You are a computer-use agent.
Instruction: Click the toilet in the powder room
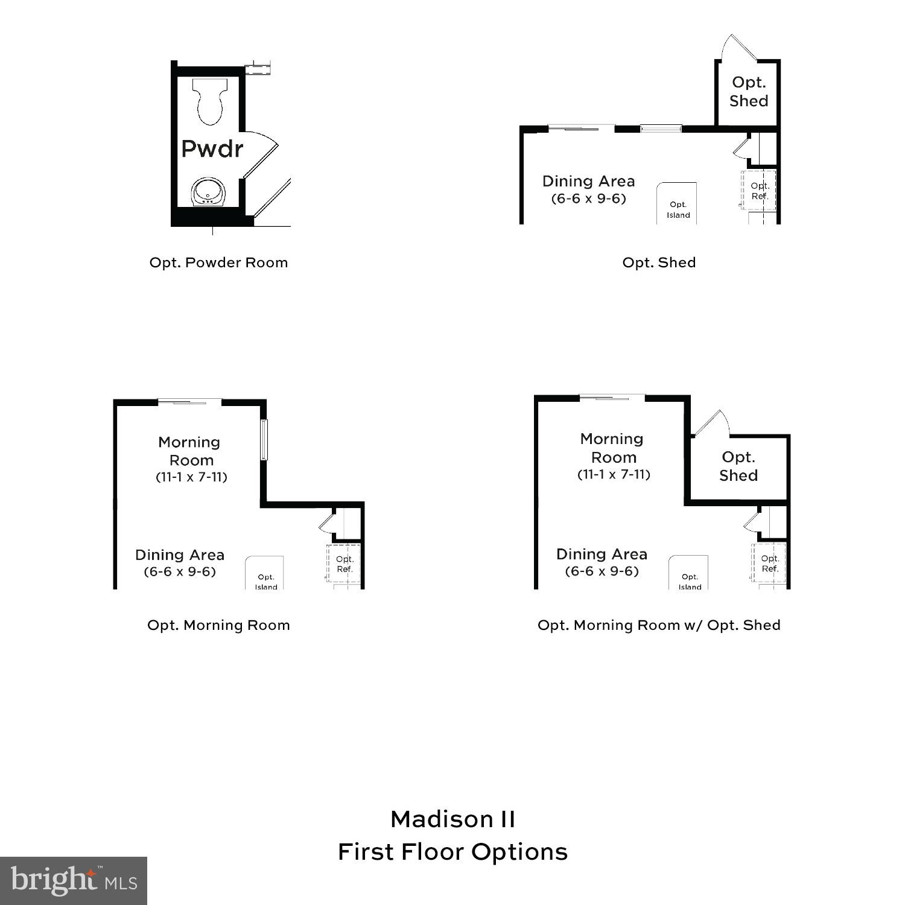(x=210, y=101)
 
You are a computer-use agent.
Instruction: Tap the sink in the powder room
(x=208, y=192)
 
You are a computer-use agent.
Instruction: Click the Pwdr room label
(x=212, y=148)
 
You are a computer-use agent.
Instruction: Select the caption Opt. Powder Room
(x=218, y=262)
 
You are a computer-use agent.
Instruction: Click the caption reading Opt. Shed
(x=659, y=262)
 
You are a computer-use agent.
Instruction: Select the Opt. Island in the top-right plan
(x=678, y=205)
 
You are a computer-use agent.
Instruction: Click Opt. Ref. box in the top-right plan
(x=759, y=191)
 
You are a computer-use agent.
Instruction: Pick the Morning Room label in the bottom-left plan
(x=189, y=451)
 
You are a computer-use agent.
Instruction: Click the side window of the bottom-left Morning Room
(x=264, y=439)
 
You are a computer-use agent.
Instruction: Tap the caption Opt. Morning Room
(x=218, y=625)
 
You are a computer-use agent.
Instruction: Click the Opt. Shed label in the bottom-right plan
(x=738, y=466)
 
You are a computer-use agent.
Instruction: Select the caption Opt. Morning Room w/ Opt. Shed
(x=659, y=625)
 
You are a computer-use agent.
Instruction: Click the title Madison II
(x=453, y=819)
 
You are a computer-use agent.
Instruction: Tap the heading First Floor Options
(x=453, y=852)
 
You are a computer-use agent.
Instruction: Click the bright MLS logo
(x=73, y=881)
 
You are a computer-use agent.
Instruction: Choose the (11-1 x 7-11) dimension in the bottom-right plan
(x=614, y=474)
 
